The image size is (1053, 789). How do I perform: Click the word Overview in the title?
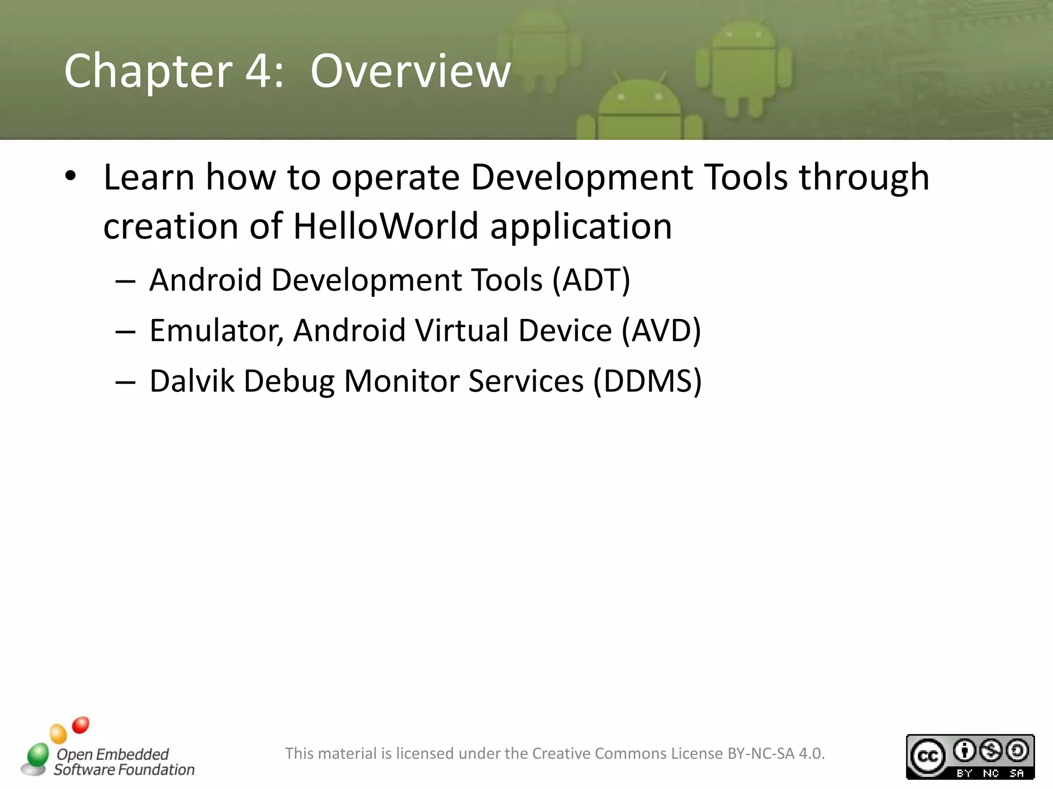pyautogui.click(x=410, y=71)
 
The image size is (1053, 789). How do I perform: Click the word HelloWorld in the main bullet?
pyautogui.click(x=386, y=226)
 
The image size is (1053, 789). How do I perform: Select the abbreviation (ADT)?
pyautogui.click(x=591, y=280)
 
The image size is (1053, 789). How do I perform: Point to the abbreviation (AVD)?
pyautogui.click(x=661, y=330)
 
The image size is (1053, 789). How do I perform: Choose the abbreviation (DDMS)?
pyautogui.click(x=648, y=381)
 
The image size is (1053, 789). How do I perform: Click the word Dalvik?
pyautogui.click(x=191, y=381)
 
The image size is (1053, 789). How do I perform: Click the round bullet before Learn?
pyautogui.click(x=70, y=176)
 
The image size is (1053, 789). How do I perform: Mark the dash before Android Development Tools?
pyautogui.click(x=125, y=282)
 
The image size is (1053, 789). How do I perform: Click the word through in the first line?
pyautogui.click(x=864, y=177)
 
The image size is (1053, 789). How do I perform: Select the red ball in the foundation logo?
pyautogui.click(x=81, y=725)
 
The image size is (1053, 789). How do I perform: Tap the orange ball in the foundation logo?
pyautogui.click(x=58, y=734)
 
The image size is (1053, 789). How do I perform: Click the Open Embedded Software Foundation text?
pyautogui.click(x=123, y=762)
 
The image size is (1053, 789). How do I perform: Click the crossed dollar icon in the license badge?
pyautogui.click(x=991, y=751)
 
